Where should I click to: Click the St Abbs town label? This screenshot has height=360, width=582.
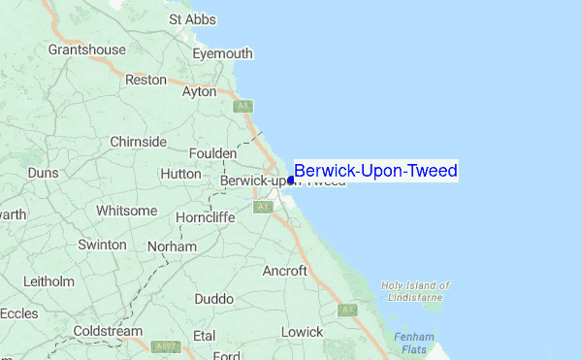tap(189, 18)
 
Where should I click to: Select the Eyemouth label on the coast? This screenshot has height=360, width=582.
tap(222, 53)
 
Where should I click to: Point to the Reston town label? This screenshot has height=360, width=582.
tap(146, 80)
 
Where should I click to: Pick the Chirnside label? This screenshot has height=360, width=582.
tap(139, 142)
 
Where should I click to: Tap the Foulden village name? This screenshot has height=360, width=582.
tap(212, 153)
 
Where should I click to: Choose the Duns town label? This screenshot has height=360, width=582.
tap(43, 173)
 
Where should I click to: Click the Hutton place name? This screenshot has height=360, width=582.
tap(180, 173)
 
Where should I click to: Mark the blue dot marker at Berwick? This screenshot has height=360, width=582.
tap(291, 180)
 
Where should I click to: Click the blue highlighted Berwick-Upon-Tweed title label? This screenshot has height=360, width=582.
tap(375, 172)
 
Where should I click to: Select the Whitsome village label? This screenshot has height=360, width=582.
tap(126, 211)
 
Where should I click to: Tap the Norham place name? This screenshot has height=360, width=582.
tap(172, 246)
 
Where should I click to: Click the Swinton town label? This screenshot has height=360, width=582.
tap(102, 245)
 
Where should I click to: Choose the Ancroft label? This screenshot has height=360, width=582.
tap(284, 271)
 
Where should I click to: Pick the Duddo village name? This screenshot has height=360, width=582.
tap(213, 299)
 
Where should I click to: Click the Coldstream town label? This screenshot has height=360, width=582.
tap(108, 331)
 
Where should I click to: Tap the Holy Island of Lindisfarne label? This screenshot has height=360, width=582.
tap(415, 291)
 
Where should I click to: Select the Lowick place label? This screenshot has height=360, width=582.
tap(302, 332)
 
